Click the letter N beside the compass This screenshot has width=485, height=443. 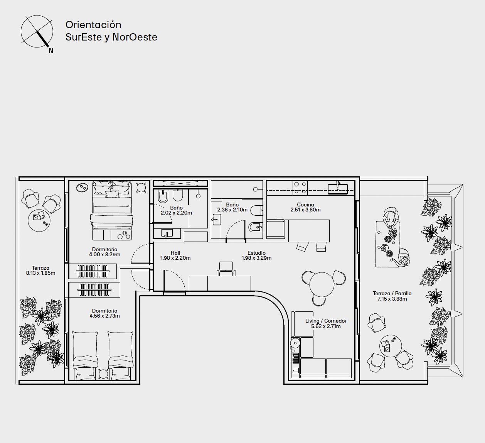pos(51,51)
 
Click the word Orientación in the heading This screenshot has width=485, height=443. pos(93,25)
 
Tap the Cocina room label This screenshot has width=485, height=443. pos(305,205)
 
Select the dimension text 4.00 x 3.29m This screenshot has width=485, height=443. pos(105,254)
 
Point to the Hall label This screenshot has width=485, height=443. pos(175,253)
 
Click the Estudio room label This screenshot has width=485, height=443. pos(256,253)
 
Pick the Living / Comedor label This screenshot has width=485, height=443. pos(326,321)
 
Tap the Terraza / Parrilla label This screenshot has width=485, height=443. pos(392,293)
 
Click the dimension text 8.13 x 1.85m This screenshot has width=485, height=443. pos(40,273)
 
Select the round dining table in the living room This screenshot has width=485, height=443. pos(322,284)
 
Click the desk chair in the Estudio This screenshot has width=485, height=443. pos(226,269)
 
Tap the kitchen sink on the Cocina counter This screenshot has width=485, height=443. pos(337,189)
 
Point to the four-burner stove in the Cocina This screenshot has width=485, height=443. pos(300,188)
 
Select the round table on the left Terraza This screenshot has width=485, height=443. pos(39,220)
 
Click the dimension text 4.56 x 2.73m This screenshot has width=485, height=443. pos(105,316)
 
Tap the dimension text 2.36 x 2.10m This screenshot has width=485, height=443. pos(232,210)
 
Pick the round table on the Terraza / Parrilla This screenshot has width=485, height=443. pos(391,346)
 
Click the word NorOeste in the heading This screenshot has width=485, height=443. pos(135,37)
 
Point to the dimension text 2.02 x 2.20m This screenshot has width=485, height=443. pos(176,213)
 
